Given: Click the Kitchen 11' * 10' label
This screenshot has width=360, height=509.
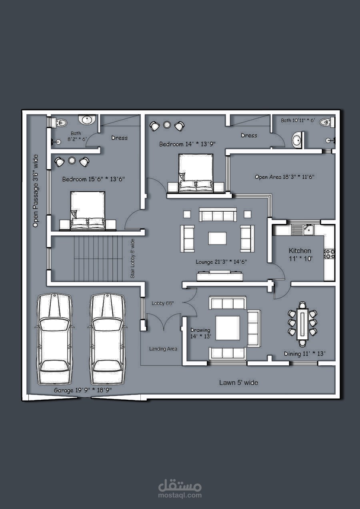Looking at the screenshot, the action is pyautogui.click(x=300, y=255).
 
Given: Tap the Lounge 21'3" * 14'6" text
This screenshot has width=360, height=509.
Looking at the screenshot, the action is pyautogui.click(x=221, y=262).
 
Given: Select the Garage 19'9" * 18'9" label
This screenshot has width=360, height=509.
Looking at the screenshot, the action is pyautogui.click(x=83, y=390).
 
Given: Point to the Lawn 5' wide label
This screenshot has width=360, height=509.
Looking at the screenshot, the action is pyautogui.click(x=238, y=383).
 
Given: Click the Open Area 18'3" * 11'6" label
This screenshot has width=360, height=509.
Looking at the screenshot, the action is pyautogui.click(x=284, y=177).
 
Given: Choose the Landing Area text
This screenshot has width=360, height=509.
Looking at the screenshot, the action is pyautogui.click(x=163, y=349).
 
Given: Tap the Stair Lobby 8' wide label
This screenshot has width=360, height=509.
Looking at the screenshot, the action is pyautogui.click(x=132, y=259).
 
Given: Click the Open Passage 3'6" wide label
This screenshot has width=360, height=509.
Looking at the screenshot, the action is pyautogui.click(x=36, y=191).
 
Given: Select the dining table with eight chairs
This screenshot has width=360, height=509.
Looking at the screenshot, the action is pyautogui.click(x=302, y=324).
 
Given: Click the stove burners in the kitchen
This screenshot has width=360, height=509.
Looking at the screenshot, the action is pyautogui.click(x=330, y=254).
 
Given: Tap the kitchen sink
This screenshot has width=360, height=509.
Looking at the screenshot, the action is pyautogui.click(x=308, y=230).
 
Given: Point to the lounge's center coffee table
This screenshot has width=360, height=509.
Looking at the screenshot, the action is pyautogui.click(x=217, y=238).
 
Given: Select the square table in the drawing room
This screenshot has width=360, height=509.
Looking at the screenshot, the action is pyautogui.click(x=228, y=328).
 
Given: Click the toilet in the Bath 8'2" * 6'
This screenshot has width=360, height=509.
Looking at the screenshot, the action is pyautogui.click(x=60, y=123).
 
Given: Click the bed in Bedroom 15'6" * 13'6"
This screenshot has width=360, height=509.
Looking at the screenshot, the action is pyautogui.click(x=88, y=211).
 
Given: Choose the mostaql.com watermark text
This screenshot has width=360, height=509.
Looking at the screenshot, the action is pyautogui.click(x=180, y=495).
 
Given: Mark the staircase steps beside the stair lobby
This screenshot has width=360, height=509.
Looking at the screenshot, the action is pyautogui.click(x=98, y=259).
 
